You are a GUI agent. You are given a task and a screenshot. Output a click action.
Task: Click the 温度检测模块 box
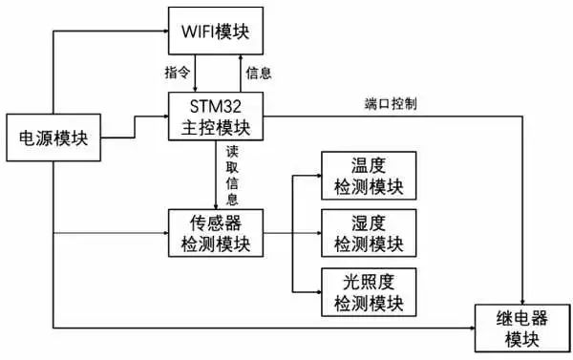pyautogui.click(x=368, y=176)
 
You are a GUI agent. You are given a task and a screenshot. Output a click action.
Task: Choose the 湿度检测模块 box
pyautogui.click(x=368, y=234)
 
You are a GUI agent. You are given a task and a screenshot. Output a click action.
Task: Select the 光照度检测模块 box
pyautogui.click(x=368, y=292)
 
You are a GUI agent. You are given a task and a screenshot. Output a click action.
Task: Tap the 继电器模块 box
pyautogui.click(x=521, y=327)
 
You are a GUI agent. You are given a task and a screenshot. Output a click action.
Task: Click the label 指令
pyautogui.click(x=178, y=73)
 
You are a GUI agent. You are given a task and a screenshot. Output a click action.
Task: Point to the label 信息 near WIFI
pyautogui.click(x=259, y=73)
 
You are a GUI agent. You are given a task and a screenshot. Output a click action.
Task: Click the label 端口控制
pyautogui.click(x=390, y=103)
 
